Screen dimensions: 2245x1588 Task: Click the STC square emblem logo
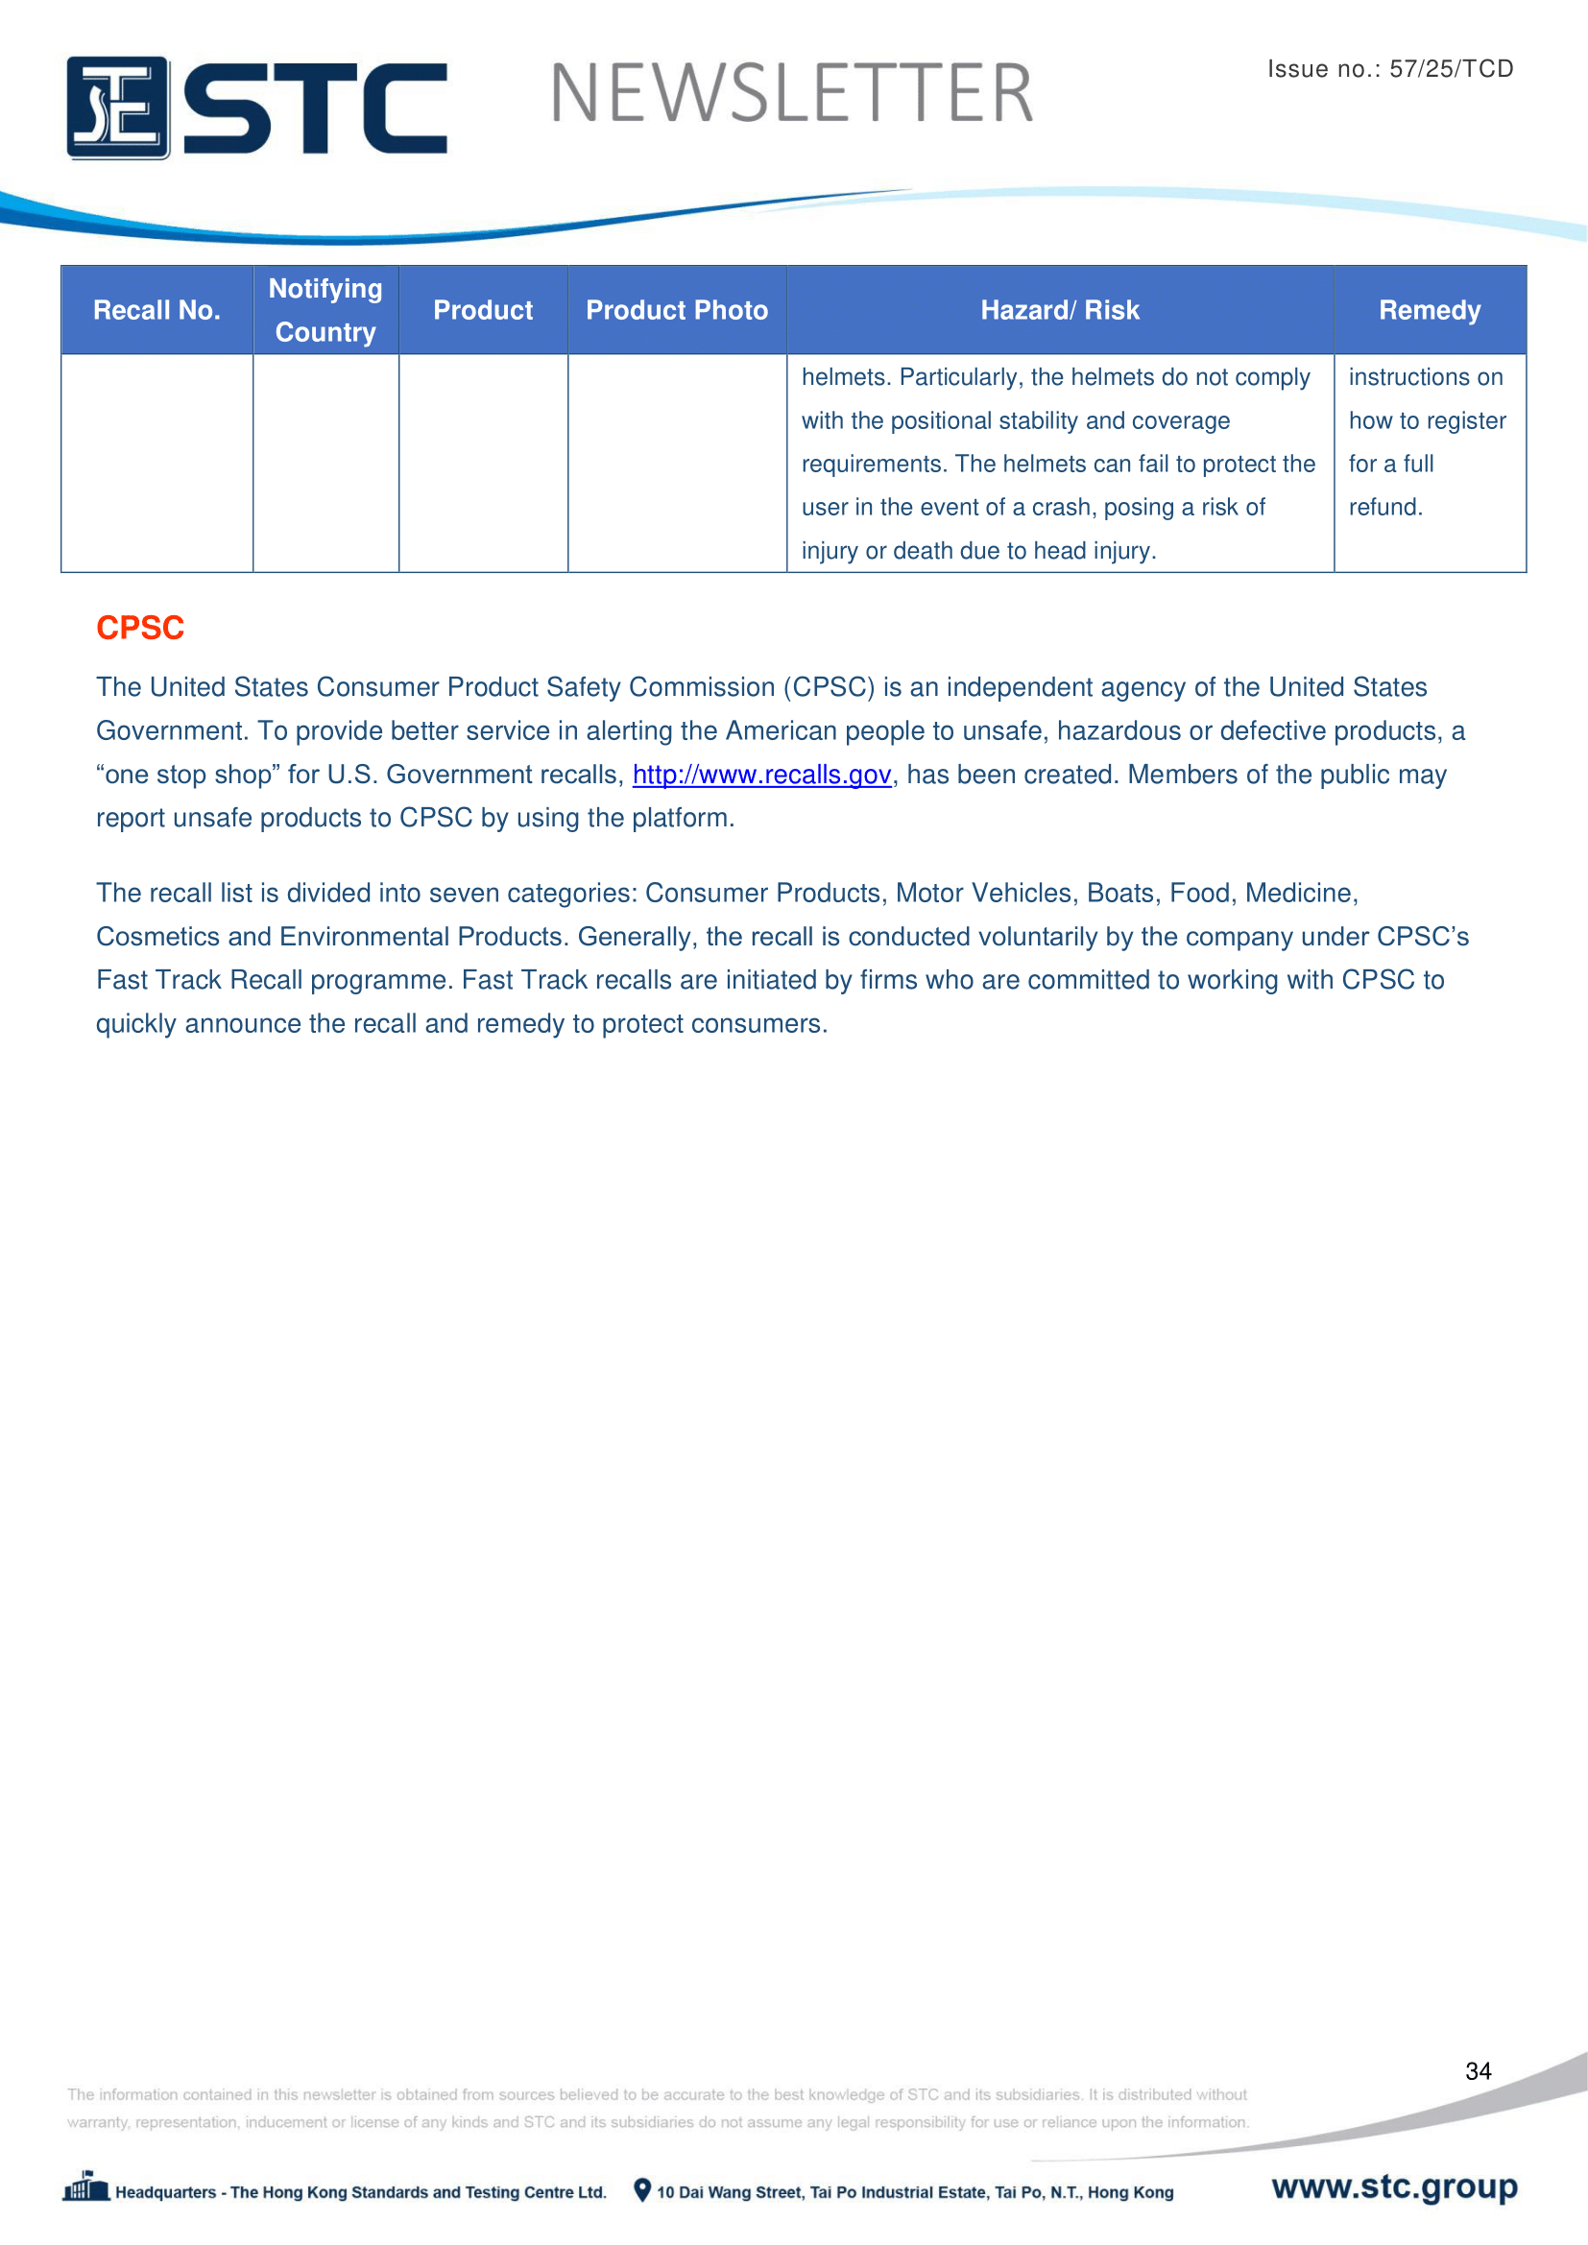pyautogui.click(x=117, y=107)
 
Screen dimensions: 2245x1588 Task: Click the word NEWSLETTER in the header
pyautogui.click(x=791, y=94)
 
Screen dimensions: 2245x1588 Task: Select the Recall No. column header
pyautogui.click(x=156, y=310)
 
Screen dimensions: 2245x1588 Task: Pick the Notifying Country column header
pyautogui.click(x=325, y=310)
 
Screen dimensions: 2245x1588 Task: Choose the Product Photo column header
pyautogui.click(x=677, y=310)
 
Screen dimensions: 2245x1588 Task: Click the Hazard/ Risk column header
pyautogui.click(x=1059, y=310)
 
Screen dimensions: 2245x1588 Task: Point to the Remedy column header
pyautogui.click(x=1429, y=310)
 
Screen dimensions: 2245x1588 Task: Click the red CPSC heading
pyautogui.click(x=140, y=628)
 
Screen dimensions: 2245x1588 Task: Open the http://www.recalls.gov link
pyautogui.click(x=761, y=775)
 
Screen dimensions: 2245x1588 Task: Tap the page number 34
pyautogui.click(x=1478, y=2070)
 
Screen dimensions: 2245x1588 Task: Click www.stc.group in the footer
pyautogui.click(x=1393, y=2186)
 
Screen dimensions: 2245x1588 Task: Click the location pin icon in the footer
pyautogui.click(x=642, y=2189)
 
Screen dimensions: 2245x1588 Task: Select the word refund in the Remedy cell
pyautogui.click(x=1383, y=508)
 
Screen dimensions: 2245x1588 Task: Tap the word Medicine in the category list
pyautogui.click(x=1300, y=893)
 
